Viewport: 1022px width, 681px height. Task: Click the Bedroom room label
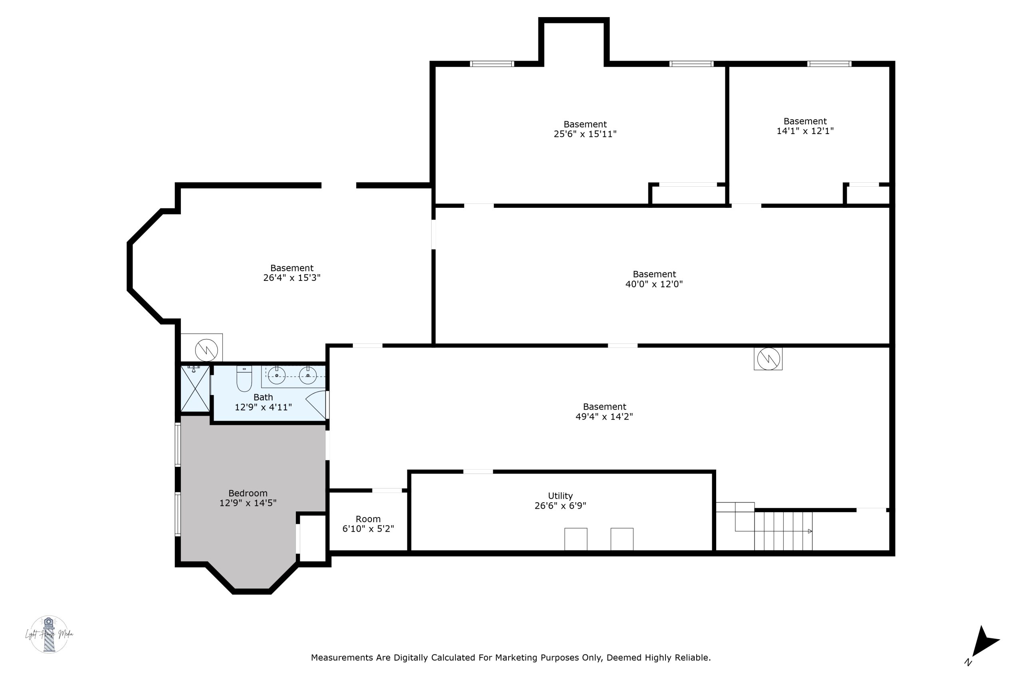tap(248, 493)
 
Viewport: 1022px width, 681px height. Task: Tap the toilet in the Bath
tap(244, 379)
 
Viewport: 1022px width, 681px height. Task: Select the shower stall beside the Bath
tap(195, 389)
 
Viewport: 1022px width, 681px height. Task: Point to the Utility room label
tap(560, 496)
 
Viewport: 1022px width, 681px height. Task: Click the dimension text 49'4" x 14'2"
tap(604, 416)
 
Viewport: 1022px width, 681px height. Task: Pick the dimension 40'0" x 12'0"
tap(654, 284)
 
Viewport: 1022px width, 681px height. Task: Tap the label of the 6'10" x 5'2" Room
tap(368, 519)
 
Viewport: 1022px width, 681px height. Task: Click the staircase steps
tap(783, 531)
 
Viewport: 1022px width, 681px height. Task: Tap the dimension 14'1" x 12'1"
tap(805, 131)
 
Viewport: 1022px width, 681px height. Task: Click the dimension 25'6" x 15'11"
tap(585, 134)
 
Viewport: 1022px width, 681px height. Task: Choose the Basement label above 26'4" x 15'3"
tap(291, 268)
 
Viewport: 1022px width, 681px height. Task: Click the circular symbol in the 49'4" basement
tap(768, 359)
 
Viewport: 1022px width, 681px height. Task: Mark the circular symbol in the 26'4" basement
tap(206, 349)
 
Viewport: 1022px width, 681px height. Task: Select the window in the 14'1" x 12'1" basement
tap(829, 64)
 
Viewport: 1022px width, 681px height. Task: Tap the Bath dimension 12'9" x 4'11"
tap(263, 407)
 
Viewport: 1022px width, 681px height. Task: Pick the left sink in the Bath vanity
tap(276, 375)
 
